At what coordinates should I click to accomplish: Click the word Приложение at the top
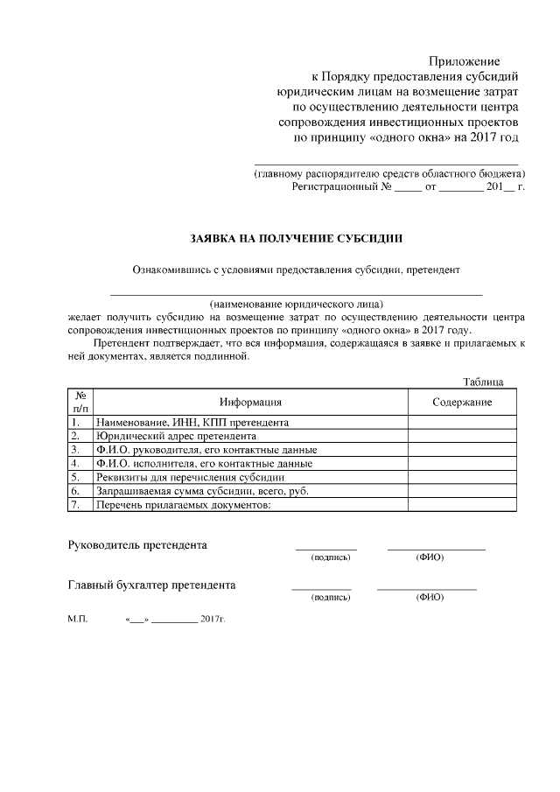pyautogui.click(x=464, y=61)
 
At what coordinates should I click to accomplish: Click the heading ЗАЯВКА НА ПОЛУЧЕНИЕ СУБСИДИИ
pyautogui.click(x=297, y=237)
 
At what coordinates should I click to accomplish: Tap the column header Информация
pyautogui.click(x=250, y=402)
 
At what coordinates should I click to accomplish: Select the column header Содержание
pyautogui.click(x=462, y=402)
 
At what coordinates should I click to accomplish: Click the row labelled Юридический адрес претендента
pyautogui.click(x=176, y=435)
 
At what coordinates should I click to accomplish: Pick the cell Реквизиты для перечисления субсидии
pyautogui.click(x=190, y=477)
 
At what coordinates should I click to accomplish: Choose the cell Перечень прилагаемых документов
pyautogui.click(x=184, y=505)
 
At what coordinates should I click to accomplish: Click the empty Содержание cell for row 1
pyautogui.click(x=462, y=421)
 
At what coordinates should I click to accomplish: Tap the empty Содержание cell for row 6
pyautogui.click(x=462, y=491)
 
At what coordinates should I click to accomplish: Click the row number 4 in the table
pyautogui.click(x=76, y=463)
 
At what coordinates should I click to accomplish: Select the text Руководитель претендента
pyautogui.click(x=137, y=544)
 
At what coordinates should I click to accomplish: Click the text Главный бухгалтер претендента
pyautogui.click(x=151, y=585)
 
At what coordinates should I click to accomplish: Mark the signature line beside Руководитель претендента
pyautogui.click(x=325, y=547)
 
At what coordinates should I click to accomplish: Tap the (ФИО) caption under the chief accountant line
pyautogui.click(x=430, y=598)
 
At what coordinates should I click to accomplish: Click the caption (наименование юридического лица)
pyautogui.click(x=297, y=304)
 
